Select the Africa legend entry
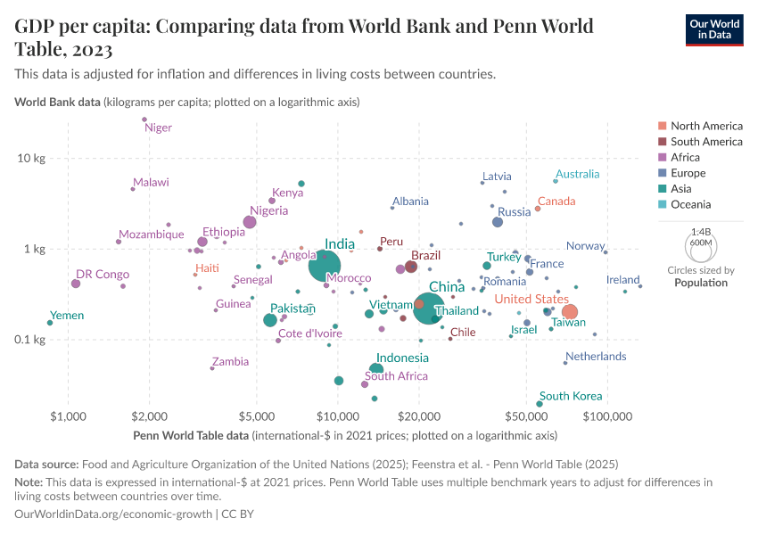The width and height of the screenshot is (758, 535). coord(687,157)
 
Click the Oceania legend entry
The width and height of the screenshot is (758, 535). coord(691,204)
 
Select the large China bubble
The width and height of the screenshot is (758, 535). coord(430,309)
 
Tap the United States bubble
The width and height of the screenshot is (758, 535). coord(570,312)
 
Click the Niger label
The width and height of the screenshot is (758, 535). coord(158,128)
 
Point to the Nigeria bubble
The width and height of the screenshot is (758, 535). coord(250,222)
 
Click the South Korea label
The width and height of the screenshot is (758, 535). coord(571,396)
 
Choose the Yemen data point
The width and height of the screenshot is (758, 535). coord(50,323)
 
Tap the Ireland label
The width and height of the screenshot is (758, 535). coord(623,280)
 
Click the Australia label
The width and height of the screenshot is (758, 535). coord(577,174)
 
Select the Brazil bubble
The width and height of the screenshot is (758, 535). coord(411,267)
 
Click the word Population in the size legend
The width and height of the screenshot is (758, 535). coord(701,283)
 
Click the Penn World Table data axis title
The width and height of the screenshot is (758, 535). coord(191,436)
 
